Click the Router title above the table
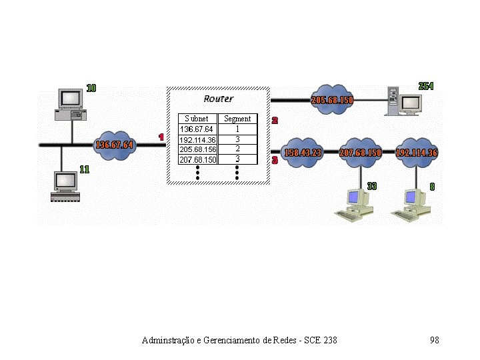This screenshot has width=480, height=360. tap(218, 99)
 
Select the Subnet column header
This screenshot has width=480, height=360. tap(197, 119)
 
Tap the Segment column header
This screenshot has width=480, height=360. tap(237, 119)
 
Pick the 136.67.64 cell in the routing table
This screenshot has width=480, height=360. tap(197, 129)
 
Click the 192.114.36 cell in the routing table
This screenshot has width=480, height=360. tap(197, 140)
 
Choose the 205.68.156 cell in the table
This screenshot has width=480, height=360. tap(197, 149)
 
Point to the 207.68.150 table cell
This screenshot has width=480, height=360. tap(197, 159)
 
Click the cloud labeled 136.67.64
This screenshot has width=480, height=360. tap(114, 145)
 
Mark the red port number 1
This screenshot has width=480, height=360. tap(161, 137)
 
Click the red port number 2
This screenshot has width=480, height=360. tap(275, 121)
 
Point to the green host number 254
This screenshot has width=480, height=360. tap(425, 86)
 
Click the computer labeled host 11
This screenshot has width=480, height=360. tap(66, 186)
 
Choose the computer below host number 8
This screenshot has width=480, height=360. tap(411, 205)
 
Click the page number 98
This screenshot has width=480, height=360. tap(435, 341)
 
